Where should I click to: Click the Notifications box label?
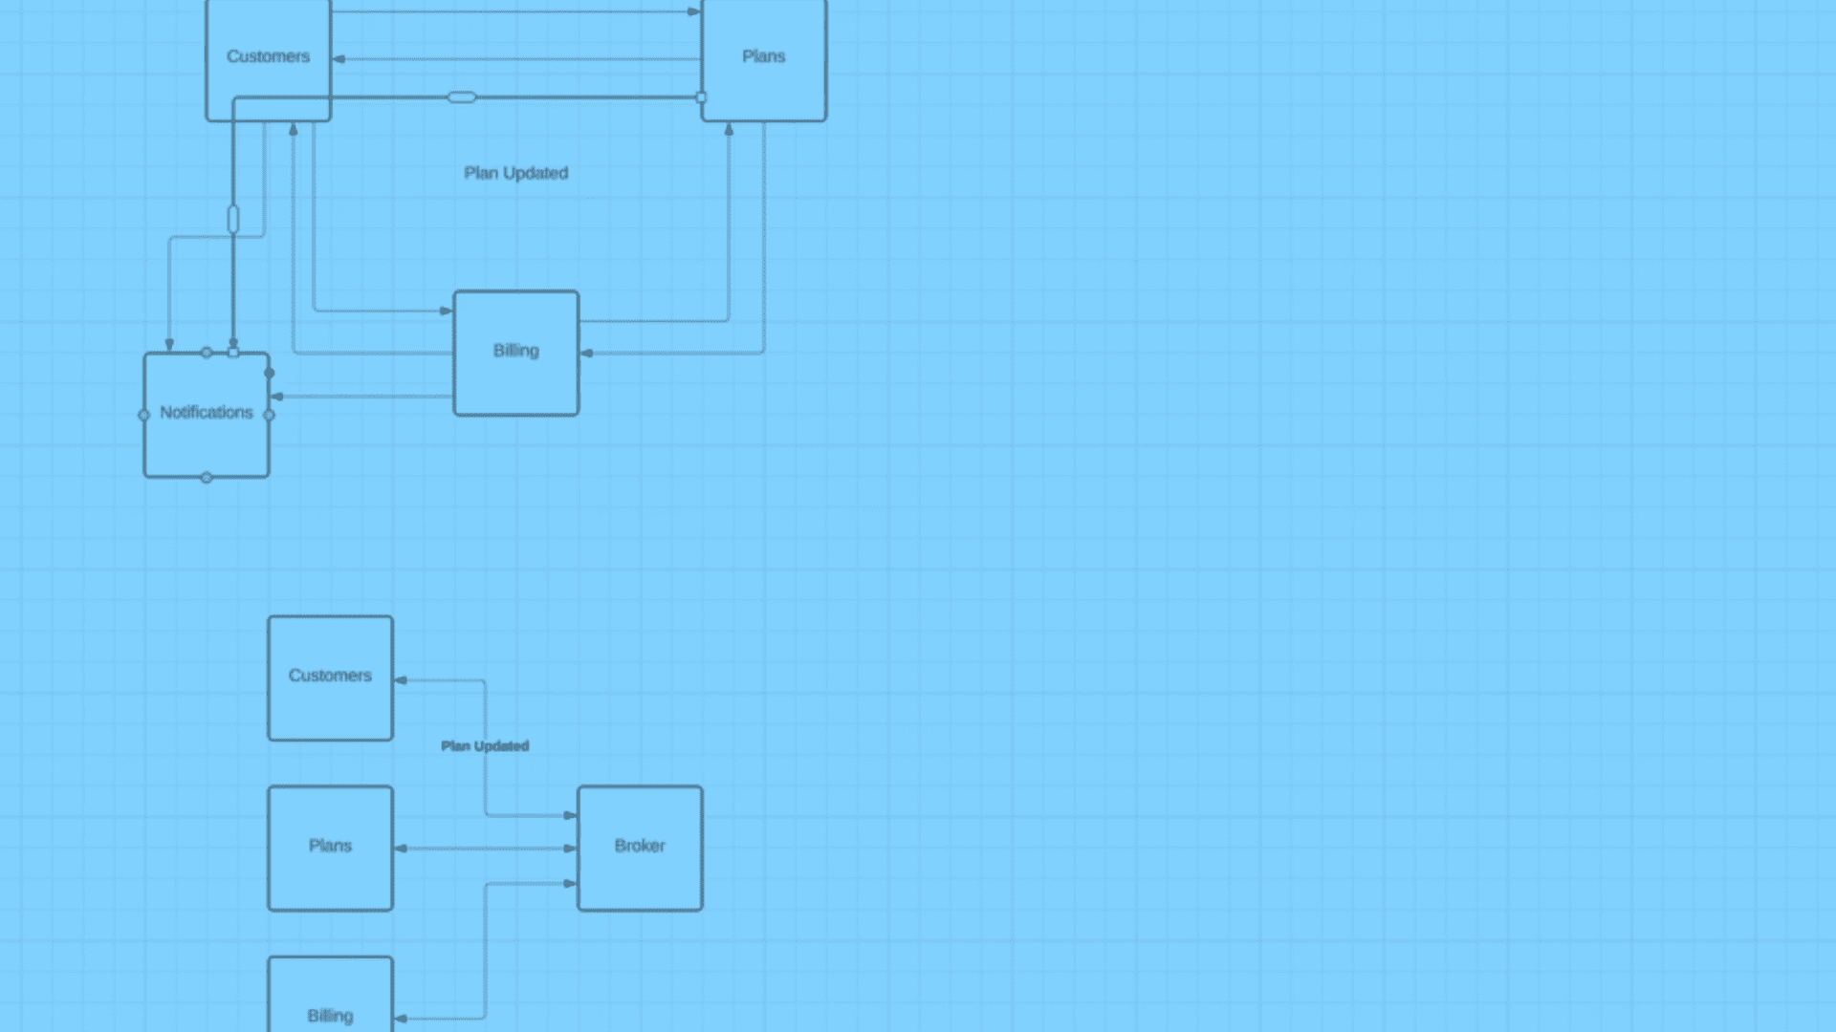click(207, 413)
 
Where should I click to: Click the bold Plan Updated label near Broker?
click(485, 746)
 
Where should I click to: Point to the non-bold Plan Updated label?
click(516, 173)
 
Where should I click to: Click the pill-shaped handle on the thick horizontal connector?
click(462, 97)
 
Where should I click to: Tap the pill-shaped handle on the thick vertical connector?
click(233, 220)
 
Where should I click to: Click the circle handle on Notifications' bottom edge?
click(207, 478)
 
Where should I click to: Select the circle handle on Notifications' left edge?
click(144, 415)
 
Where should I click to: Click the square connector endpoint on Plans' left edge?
click(701, 97)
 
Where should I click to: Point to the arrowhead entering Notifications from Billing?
click(276, 397)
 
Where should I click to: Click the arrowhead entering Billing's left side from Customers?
click(446, 311)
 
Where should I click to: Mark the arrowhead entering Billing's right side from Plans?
click(586, 354)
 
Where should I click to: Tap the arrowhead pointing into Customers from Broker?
click(401, 680)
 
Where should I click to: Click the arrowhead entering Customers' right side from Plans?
click(339, 59)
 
